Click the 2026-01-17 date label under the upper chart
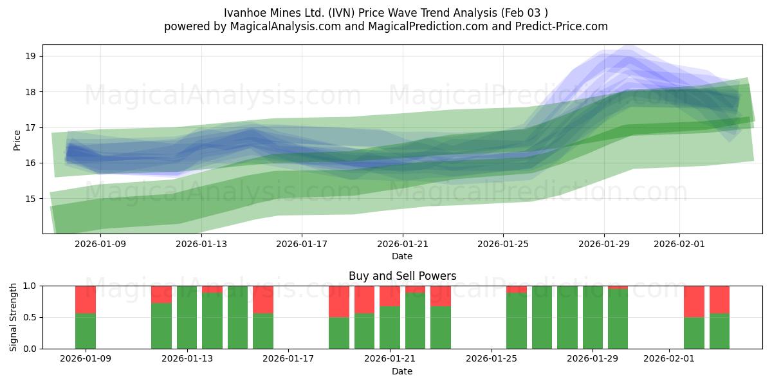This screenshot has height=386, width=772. point(302,244)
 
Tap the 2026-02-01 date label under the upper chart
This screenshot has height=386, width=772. point(680,244)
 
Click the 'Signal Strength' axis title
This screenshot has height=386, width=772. point(14,317)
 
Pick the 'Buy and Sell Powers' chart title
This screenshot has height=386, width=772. point(402,276)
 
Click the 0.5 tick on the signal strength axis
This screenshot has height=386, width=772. point(30,317)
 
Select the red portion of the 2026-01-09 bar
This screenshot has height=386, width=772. point(86,299)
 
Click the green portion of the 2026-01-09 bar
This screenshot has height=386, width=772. point(86,331)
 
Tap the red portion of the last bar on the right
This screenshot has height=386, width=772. point(719,299)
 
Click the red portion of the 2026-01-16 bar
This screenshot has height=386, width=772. point(263,299)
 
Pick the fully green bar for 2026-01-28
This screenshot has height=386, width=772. point(567,317)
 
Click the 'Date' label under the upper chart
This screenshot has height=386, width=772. point(402,256)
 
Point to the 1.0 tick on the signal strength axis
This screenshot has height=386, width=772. point(30,286)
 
